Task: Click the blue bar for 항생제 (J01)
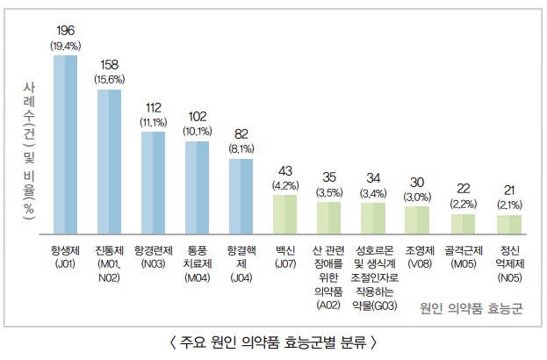(65, 145)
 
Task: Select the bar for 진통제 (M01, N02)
(109, 162)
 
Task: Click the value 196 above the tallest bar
(65, 32)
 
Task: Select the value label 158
(109, 65)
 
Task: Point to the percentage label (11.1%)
(153, 122)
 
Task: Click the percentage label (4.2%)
(285, 185)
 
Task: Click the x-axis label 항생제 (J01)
(66, 256)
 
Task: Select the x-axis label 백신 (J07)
(285, 256)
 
